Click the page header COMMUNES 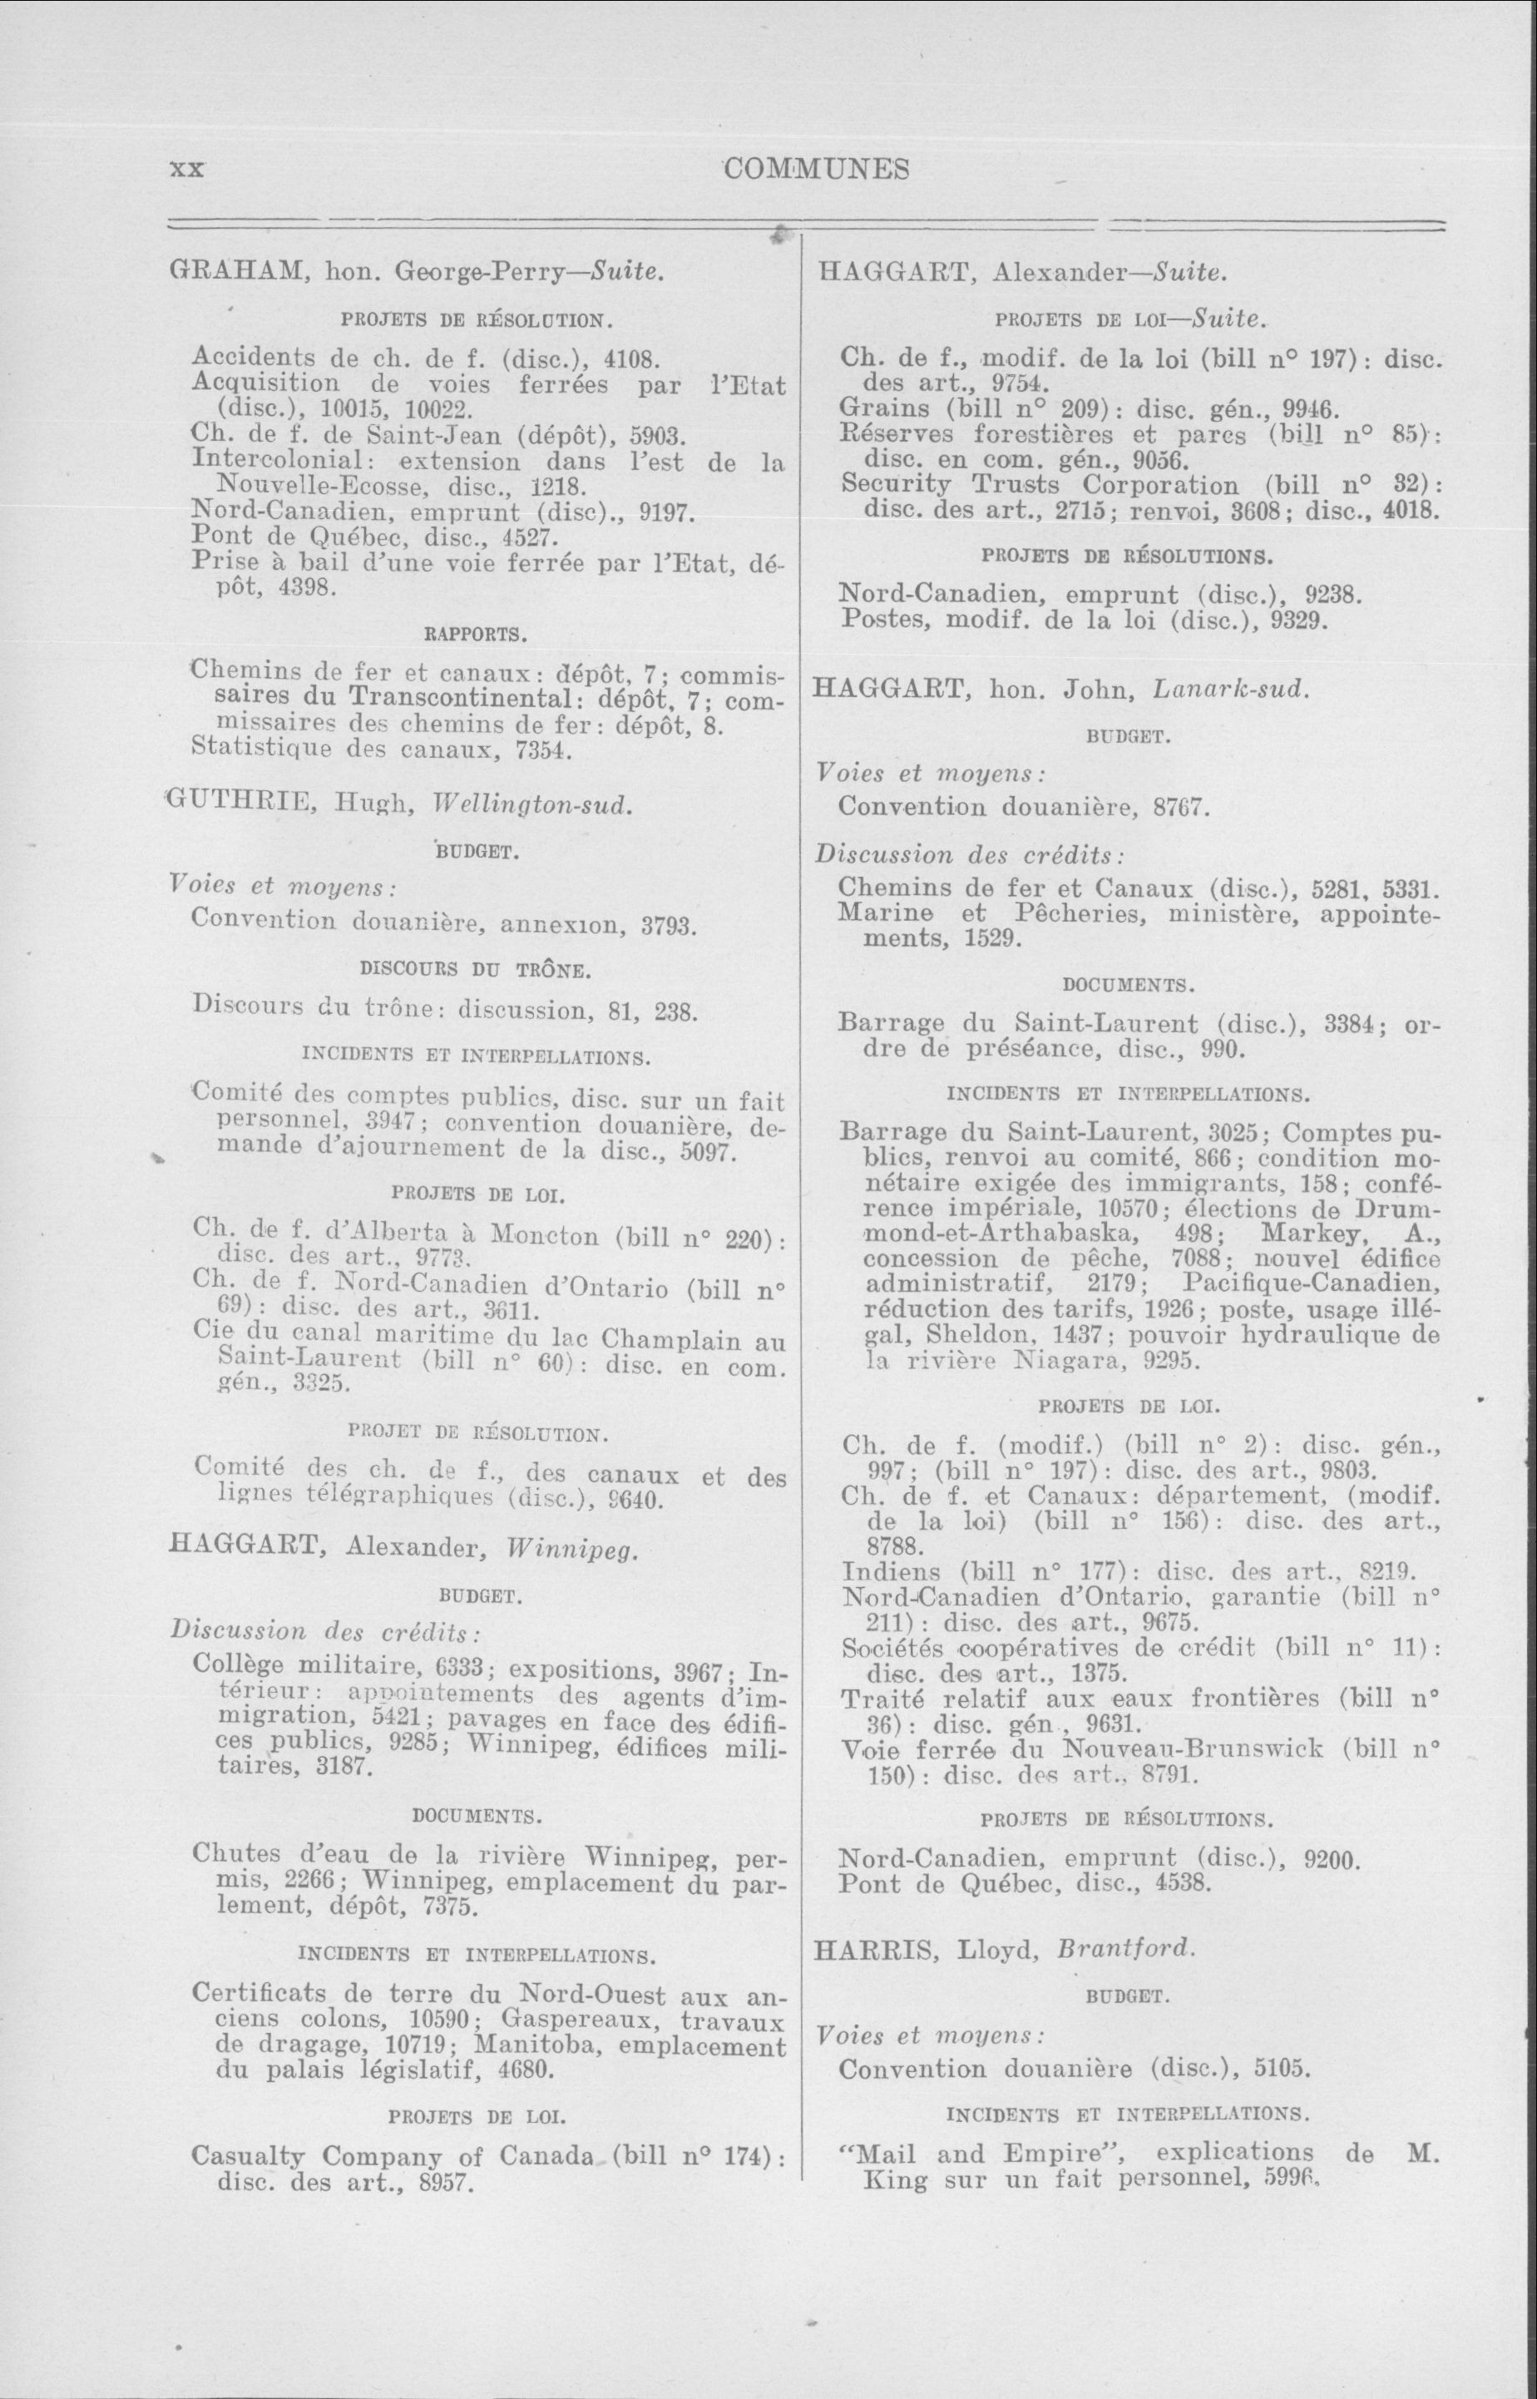[x=817, y=169]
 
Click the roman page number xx [x=186, y=170]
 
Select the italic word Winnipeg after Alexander [x=572, y=1549]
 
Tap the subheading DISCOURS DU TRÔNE [x=475, y=968]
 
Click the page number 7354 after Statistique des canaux [x=544, y=750]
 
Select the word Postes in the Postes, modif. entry [x=877, y=620]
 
